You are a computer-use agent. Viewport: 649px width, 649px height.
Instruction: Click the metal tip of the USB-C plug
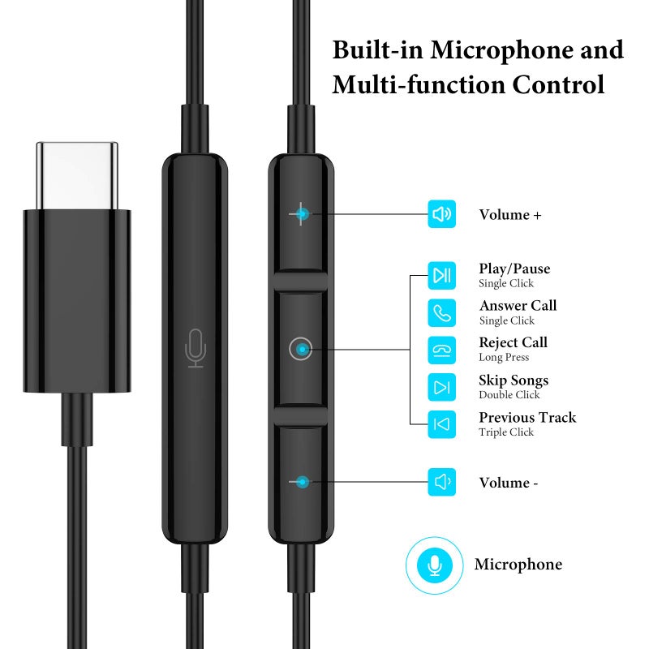[x=76, y=175]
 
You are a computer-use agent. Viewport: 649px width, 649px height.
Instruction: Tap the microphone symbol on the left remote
[x=195, y=348]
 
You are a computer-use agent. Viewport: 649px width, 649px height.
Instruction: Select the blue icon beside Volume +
[x=442, y=214]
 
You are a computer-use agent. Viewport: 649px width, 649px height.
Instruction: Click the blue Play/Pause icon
[x=442, y=276]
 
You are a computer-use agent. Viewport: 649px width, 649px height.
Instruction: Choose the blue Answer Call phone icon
[x=442, y=312]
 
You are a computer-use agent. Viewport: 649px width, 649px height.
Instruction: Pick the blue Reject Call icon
[x=442, y=350]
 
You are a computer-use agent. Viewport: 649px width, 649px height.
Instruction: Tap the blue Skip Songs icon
[x=442, y=387]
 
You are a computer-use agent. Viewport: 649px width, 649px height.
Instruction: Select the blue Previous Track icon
[x=442, y=424]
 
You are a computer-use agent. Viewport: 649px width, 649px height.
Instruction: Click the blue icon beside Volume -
[x=442, y=482]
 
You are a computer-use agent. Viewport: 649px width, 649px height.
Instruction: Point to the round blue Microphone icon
[x=435, y=565]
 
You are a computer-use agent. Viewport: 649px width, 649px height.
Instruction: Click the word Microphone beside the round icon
[x=518, y=565]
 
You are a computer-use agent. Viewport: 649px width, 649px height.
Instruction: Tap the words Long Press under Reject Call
[x=504, y=358]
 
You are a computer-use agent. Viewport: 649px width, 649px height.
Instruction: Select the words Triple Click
[x=506, y=432]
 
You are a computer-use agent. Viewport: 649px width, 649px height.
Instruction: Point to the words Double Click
[x=509, y=395]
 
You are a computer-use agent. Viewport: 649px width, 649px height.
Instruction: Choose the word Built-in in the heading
[x=378, y=49]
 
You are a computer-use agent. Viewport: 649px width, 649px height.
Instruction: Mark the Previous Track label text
[x=527, y=418]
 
